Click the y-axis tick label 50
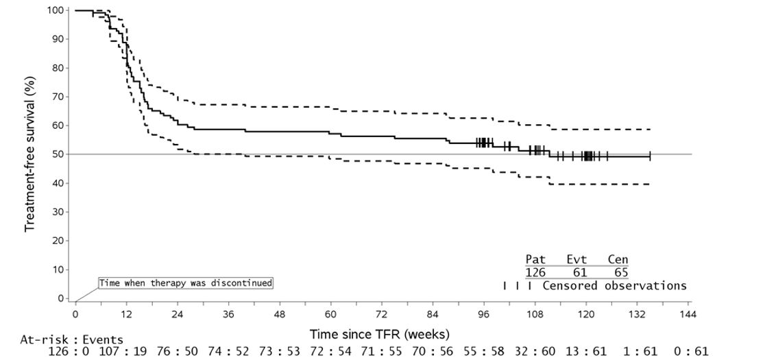[x=60, y=154]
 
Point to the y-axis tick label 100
[x=57, y=10]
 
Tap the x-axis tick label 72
[x=381, y=314]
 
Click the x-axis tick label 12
[x=126, y=314]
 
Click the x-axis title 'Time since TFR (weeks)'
[x=380, y=335]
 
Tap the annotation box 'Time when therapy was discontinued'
[x=185, y=283]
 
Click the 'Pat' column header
[x=535, y=259]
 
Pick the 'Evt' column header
[x=577, y=259]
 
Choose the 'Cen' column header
[x=618, y=259]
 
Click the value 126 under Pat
[x=535, y=272]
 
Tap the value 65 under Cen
[x=618, y=272]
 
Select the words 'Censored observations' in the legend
[x=614, y=285]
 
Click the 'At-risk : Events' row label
[x=72, y=339]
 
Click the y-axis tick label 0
[x=62, y=298]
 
